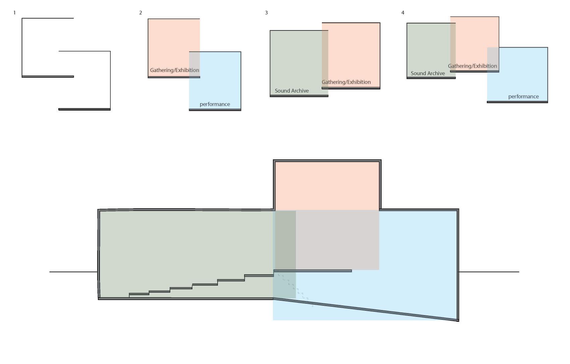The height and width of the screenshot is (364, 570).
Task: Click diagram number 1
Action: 14,13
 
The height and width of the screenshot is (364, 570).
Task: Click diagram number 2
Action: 140,13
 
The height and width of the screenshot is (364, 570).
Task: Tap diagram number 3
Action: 266,13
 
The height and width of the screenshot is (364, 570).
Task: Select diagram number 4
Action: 403,13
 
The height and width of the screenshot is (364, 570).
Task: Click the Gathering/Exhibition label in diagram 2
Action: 174,70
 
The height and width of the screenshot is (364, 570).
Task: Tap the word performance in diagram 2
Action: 215,104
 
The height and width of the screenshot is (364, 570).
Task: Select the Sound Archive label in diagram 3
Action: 292,91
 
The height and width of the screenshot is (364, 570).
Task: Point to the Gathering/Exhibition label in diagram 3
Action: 346,82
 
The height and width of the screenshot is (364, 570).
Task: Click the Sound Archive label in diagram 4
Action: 427,73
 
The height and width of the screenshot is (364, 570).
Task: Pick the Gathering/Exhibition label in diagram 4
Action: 472,66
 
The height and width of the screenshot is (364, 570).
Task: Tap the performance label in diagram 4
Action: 523,97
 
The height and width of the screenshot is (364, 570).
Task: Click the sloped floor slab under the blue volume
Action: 365,310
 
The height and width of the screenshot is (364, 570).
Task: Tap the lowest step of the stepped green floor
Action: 139,294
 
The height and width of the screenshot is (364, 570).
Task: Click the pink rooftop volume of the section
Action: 327,186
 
